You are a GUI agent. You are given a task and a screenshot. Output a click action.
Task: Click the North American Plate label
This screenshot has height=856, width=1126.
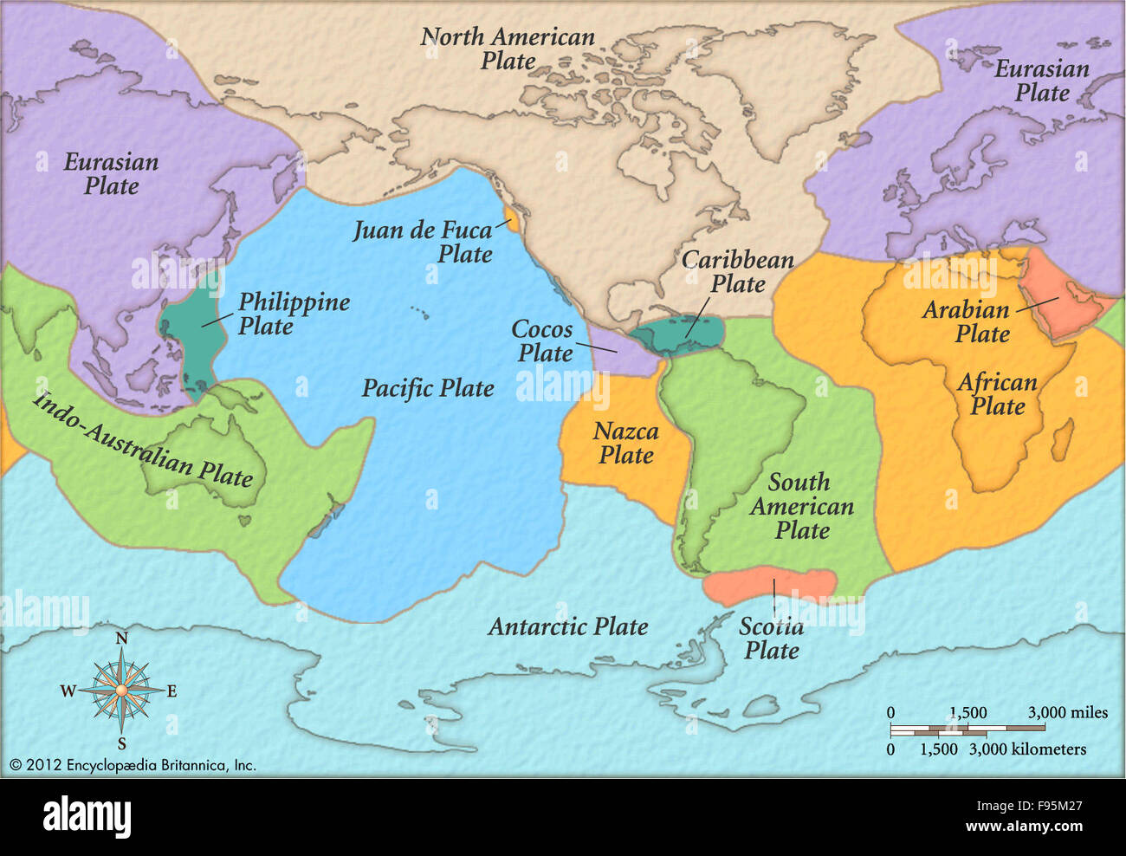pyautogui.click(x=508, y=49)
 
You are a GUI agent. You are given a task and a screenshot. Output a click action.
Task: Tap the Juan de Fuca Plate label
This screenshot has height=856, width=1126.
pyautogui.click(x=423, y=242)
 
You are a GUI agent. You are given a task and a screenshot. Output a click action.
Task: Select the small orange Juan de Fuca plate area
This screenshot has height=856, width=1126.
pyautogui.click(x=512, y=220)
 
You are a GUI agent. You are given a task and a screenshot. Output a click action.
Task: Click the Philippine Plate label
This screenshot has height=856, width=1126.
pyautogui.click(x=294, y=314)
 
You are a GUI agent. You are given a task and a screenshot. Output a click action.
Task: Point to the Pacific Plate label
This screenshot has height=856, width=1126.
pyautogui.click(x=428, y=388)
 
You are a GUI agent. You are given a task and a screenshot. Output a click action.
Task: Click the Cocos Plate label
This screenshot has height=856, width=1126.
pyautogui.click(x=543, y=340)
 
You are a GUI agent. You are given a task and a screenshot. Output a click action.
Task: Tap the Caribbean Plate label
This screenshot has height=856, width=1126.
pyautogui.click(x=737, y=271)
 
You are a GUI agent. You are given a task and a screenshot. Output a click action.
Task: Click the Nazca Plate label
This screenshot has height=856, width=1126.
pyautogui.click(x=625, y=443)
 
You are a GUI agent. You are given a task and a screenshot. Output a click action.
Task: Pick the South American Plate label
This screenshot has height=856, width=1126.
pyautogui.click(x=801, y=506)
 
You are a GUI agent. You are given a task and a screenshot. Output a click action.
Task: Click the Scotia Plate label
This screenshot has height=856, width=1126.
pyautogui.click(x=771, y=639)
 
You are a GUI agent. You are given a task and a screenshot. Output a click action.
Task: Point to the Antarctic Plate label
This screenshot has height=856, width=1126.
pyautogui.click(x=567, y=626)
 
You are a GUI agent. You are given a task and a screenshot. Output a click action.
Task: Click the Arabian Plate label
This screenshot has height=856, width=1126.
pyautogui.click(x=966, y=321)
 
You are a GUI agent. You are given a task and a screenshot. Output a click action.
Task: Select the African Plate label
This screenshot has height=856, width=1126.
pyautogui.click(x=997, y=394)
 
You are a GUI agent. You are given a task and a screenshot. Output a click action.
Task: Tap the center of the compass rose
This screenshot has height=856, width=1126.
pyautogui.click(x=121, y=690)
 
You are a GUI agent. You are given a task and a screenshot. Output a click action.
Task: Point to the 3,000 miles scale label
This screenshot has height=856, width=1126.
pyautogui.click(x=1067, y=712)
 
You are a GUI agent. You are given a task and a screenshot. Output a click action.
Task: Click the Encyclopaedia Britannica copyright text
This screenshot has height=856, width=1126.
pyautogui.click(x=133, y=765)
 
